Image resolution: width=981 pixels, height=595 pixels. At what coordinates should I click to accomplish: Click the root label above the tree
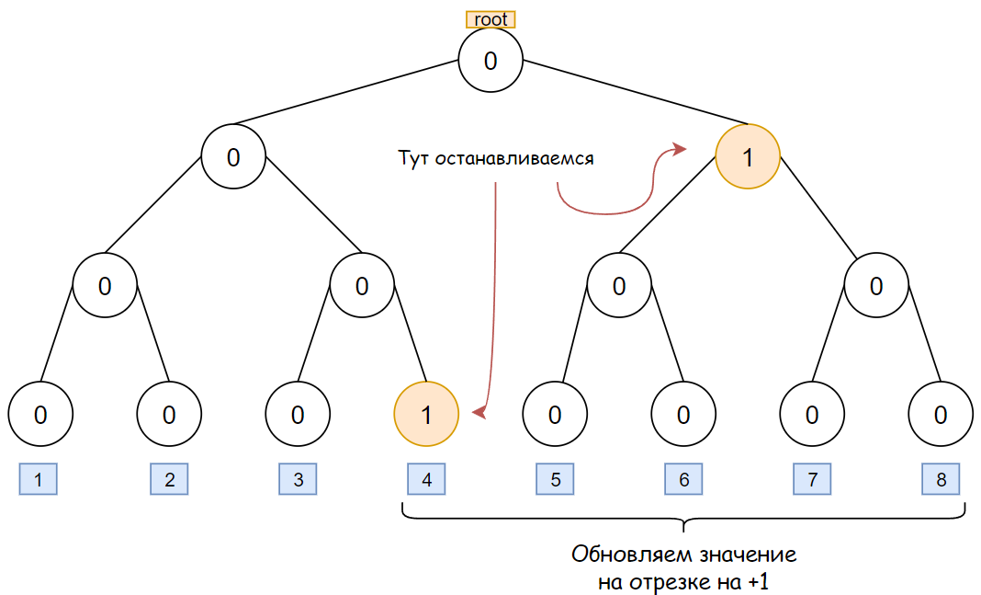tap(490, 19)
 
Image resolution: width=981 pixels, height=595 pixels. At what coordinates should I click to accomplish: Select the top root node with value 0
tap(490, 61)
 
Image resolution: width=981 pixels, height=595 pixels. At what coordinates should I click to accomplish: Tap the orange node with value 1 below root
tap(747, 157)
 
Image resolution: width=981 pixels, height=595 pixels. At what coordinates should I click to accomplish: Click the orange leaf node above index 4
tap(425, 415)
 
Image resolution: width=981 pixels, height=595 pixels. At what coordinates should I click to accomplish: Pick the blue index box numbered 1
tap(38, 479)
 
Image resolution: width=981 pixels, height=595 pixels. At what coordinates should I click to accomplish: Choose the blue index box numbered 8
tap(941, 479)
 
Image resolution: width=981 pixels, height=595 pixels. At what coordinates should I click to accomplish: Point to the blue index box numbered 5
tap(555, 479)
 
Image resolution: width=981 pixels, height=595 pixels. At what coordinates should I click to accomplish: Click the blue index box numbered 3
tap(298, 479)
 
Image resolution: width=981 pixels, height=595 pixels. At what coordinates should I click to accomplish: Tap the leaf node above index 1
tap(39, 415)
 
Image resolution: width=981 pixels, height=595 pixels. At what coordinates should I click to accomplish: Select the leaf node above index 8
tap(940, 415)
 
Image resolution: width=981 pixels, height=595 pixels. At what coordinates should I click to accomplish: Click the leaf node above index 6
tap(682, 415)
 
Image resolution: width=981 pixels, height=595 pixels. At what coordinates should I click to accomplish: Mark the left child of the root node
tap(233, 157)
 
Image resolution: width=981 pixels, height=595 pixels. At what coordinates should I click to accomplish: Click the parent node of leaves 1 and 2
tap(105, 286)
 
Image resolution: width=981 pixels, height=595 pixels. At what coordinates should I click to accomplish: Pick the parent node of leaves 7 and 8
tap(875, 286)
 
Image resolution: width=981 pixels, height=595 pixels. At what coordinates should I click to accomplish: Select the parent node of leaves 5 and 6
tap(618, 286)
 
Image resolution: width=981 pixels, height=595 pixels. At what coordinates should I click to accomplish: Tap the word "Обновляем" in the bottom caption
tap(628, 556)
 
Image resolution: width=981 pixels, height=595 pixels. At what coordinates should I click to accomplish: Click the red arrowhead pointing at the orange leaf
tap(478, 415)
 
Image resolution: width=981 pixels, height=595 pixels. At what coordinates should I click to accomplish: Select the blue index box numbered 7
tap(812, 479)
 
